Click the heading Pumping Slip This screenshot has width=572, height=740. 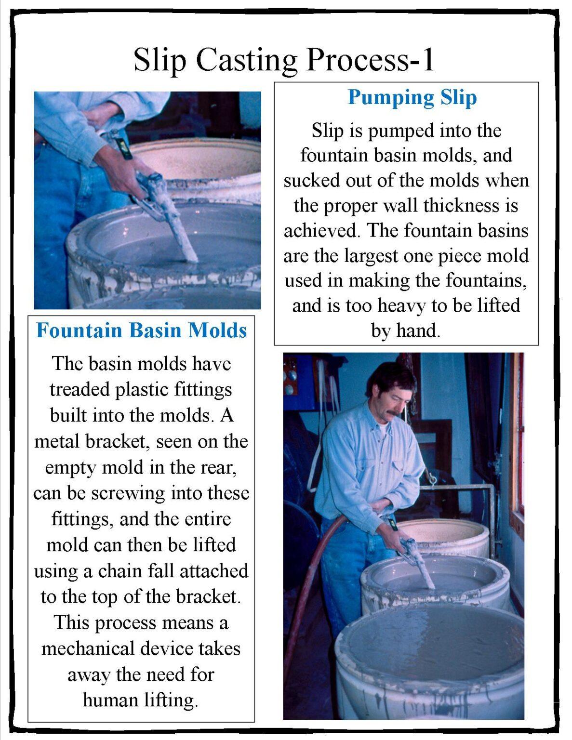pos(412,97)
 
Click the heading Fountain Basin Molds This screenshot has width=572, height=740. pos(141,330)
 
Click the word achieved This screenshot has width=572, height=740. pos(321,230)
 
